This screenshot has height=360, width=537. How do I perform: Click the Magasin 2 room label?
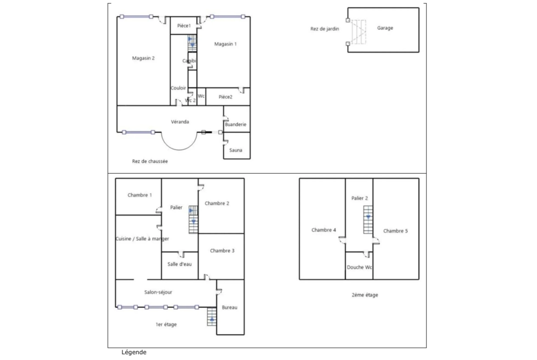click(x=143, y=58)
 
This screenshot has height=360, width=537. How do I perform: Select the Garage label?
click(x=385, y=28)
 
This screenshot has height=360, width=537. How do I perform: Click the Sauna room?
click(x=236, y=150)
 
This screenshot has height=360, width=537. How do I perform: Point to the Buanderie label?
click(x=236, y=124)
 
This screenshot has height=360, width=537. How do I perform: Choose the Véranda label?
click(x=180, y=122)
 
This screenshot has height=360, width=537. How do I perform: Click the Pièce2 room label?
click(x=225, y=97)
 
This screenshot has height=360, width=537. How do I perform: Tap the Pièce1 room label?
click(x=184, y=26)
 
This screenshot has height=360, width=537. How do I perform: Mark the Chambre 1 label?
click(x=140, y=195)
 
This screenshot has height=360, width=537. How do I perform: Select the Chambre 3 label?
click(x=222, y=251)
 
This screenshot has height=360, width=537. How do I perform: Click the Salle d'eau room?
click(x=179, y=264)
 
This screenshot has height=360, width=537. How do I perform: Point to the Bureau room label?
click(x=229, y=308)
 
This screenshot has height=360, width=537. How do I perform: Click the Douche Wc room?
click(x=359, y=267)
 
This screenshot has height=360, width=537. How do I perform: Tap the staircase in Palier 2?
click(x=368, y=220)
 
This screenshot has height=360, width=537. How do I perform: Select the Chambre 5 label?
click(x=395, y=231)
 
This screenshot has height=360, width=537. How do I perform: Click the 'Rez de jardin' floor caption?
click(x=324, y=29)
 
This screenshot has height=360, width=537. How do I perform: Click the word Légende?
click(x=134, y=352)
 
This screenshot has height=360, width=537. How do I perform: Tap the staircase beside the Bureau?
click(x=212, y=316)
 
